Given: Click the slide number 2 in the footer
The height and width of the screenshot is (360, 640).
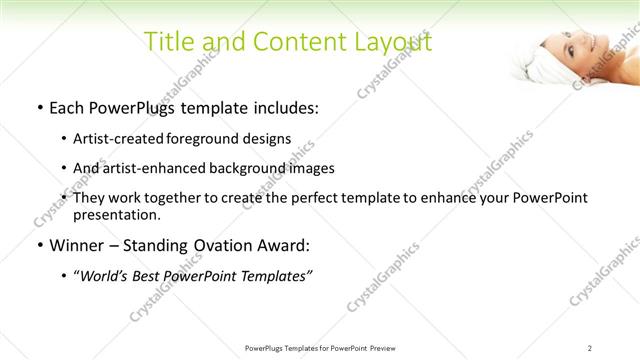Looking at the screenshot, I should [590, 347].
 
